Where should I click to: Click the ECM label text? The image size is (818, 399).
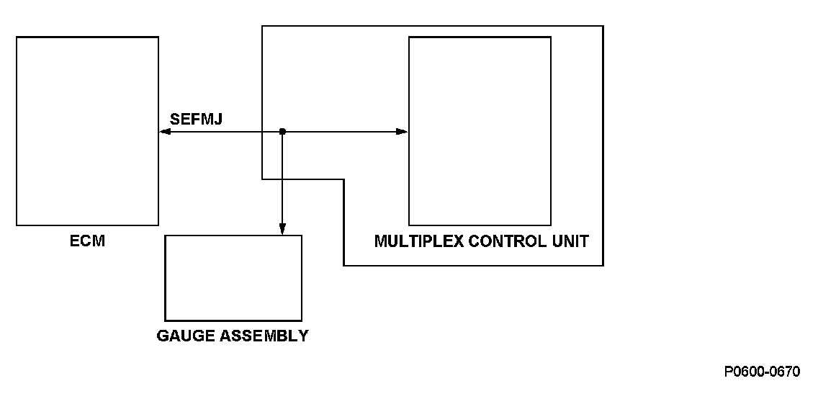pos(87,241)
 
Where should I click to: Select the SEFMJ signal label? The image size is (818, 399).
pos(196,119)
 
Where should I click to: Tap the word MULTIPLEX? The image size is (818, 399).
pos(419,241)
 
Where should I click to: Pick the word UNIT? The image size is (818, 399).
pos(569,241)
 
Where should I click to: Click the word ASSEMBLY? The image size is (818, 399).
pos(261,336)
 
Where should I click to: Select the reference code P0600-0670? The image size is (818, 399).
pos(762,372)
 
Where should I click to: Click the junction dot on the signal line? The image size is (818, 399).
pos(282,132)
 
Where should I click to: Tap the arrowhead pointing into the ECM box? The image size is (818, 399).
pos(165,132)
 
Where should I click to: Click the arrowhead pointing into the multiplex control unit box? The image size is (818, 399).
pos(403,132)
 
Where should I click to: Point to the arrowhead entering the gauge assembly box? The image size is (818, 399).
pos(282,230)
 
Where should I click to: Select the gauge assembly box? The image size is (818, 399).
pos(233,277)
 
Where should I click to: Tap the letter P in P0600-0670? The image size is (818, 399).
pos(729,372)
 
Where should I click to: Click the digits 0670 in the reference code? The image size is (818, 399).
pos(785,372)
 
